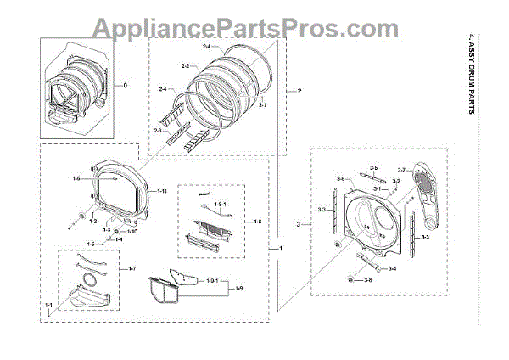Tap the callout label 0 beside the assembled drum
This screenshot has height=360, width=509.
coord(126,86)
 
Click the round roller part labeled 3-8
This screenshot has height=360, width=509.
coord(351,279)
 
